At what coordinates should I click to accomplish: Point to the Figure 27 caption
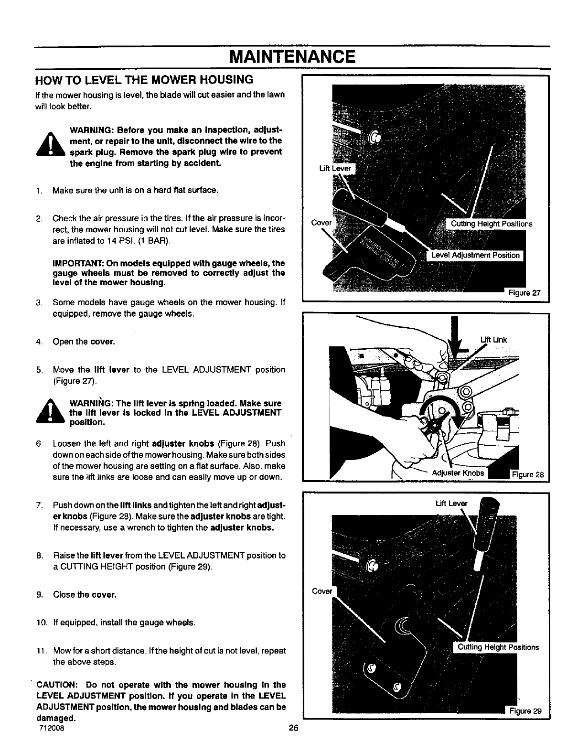pos(524,293)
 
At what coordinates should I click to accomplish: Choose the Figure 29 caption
pos(525,710)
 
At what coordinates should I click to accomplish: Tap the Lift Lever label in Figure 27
pos(335,168)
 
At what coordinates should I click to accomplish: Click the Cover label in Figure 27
pos(321,223)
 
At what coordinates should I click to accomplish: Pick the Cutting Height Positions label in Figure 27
pos(488,224)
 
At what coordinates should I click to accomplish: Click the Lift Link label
pos(493,340)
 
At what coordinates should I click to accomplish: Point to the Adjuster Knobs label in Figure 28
pos(458,473)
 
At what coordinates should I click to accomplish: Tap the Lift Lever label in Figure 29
pos(451,503)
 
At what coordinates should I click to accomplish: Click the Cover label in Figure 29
pos(321,591)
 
